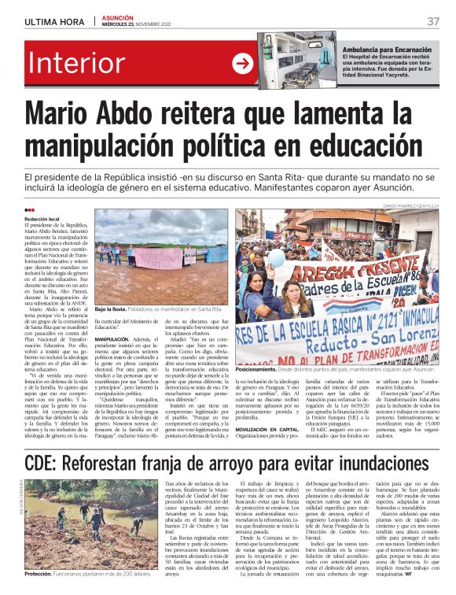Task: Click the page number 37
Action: pos(433,21)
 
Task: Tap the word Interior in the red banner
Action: pos(79,65)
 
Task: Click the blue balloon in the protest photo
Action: pos(256,257)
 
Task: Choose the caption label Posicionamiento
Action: pos(256,368)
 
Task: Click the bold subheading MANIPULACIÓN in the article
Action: pos(112,339)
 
